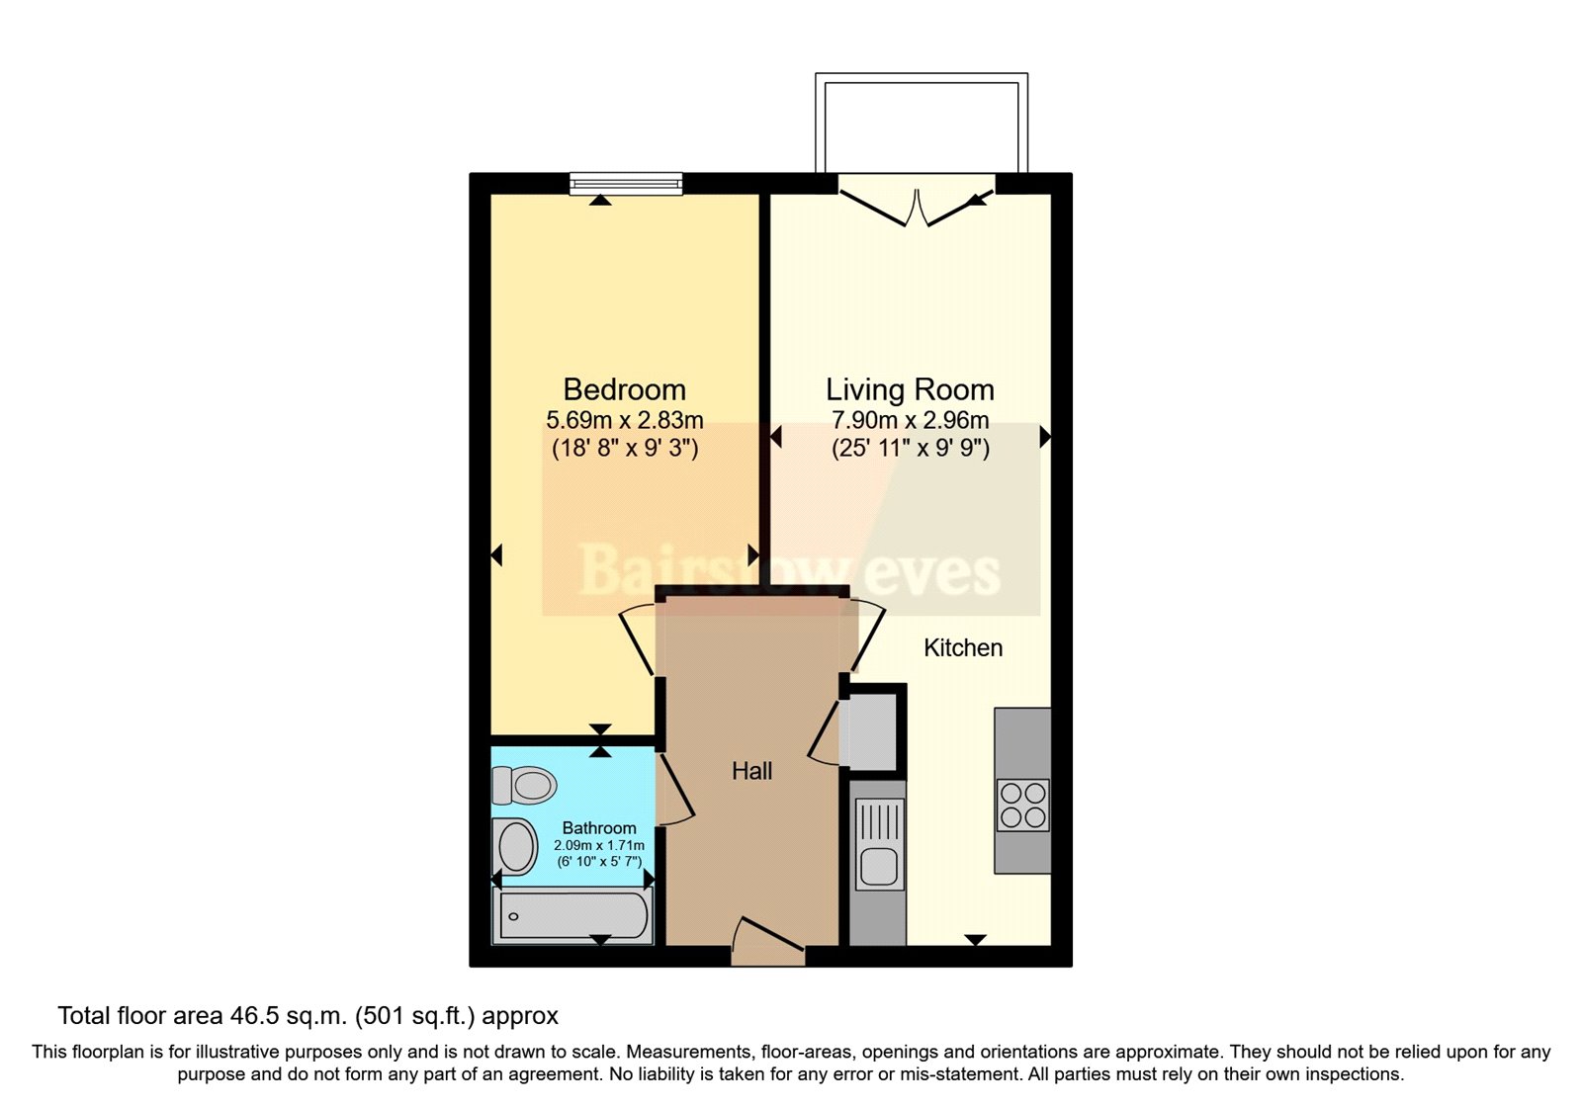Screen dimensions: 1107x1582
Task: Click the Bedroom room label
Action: click(x=624, y=389)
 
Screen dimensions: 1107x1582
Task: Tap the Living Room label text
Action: click(x=910, y=389)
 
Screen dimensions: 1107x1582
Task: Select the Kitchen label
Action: click(x=963, y=648)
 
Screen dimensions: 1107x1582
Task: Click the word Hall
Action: click(x=751, y=771)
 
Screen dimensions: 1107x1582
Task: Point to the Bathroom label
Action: click(x=599, y=828)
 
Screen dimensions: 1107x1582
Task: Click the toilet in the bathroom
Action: click(x=525, y=786)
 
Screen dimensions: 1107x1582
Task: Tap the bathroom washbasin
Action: click(x=516, y=847)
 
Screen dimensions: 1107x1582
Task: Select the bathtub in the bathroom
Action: click(x=573, y=916)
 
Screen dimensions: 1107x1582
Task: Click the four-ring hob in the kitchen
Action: click(x=1022, y=805)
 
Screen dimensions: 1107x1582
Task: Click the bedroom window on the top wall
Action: click(x=626, y=183)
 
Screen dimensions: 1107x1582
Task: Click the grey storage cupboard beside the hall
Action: click(x=870, y=729)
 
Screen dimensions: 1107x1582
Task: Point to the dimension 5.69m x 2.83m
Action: click(x=624, y=420)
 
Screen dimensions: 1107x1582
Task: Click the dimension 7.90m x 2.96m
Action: click(x=910, y=420)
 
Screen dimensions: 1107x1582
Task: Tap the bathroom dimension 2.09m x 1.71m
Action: click(x=599, y=846)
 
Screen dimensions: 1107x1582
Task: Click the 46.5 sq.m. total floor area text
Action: click(x=308, y=1016)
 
